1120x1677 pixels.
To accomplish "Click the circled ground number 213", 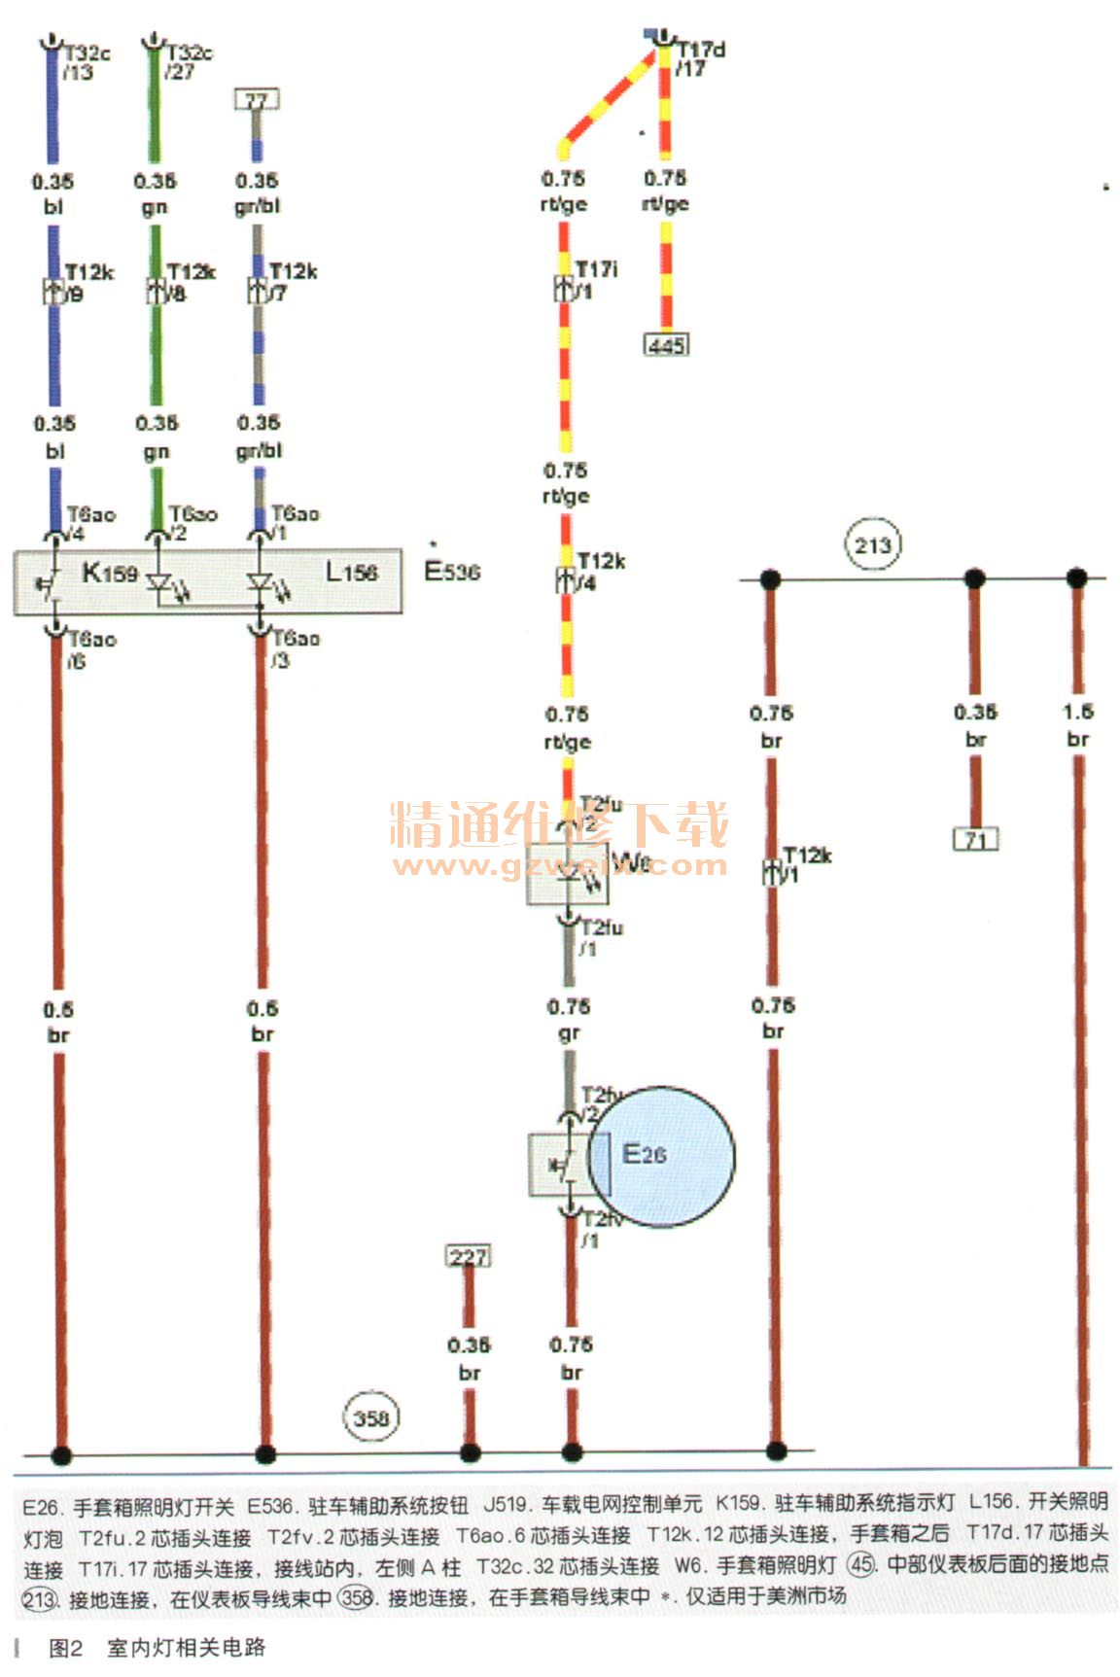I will pyautogui.click(x=872, y=545).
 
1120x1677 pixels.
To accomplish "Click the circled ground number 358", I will pyautogui.click(x=370, y=1417).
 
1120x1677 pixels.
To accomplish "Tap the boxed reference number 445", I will pyautogui.click(x=666, y=344).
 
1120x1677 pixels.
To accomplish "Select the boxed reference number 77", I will pyautogui.click(x=257, y=99).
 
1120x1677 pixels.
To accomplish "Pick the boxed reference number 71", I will pyautogui.click(x=975, y=839).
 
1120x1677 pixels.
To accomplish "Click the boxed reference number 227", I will pyautogui.click(x=468, y=1256).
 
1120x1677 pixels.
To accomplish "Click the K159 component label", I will pyautogui.click(x=109, y=573).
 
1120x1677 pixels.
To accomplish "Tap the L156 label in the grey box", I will pyautogui.click(x=351, y=573).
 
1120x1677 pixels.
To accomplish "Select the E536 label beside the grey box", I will pyautogui.click(x=452, y=571).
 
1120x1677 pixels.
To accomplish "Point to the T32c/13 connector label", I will pyautogui.click(x=87, y=61).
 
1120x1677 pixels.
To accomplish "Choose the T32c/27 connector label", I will pyautogui.click(x=189, y=61).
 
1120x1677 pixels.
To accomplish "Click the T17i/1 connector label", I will pyautogui.click(x=595, y=279).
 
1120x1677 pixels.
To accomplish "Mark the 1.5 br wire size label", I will pyautogui.click(x=1077, y=725).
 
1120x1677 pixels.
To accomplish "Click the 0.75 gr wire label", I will pyautogui.click(x=569, y=1020).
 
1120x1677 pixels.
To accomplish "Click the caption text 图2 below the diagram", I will pyautogui.click(x=66, y=1648).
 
